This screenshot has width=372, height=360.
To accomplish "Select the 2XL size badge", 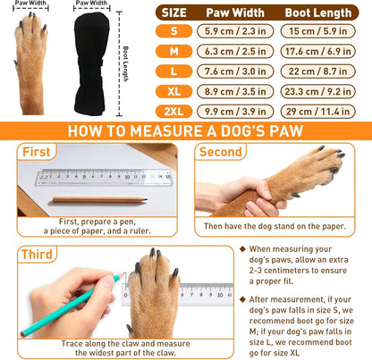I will tap(174, 111).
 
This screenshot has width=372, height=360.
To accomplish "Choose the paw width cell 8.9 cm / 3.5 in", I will tap(234, 92).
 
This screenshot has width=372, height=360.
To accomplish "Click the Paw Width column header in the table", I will tap(234, 13).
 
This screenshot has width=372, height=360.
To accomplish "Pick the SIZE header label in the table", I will tap(174, 13).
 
